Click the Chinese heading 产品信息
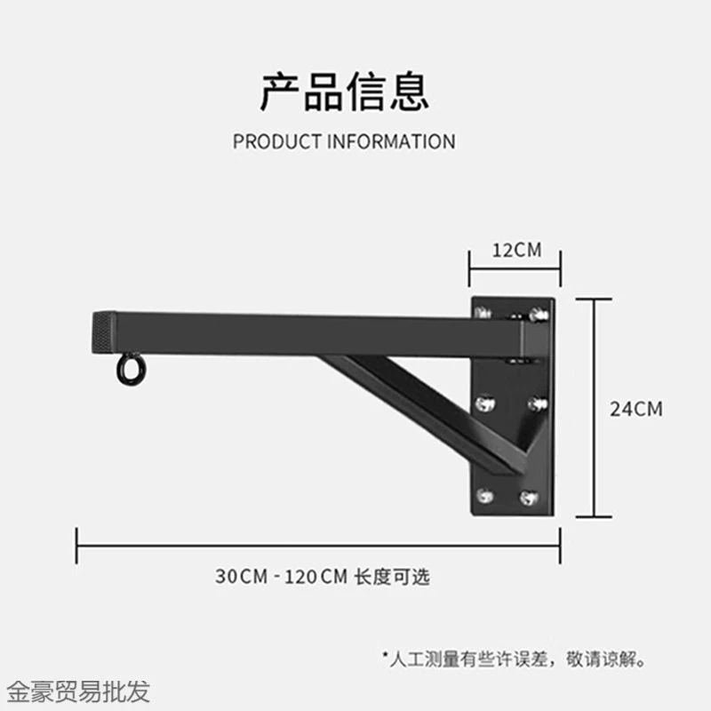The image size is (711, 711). [x=345, y=92]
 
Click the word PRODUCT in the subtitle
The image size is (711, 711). [x=277, y=141]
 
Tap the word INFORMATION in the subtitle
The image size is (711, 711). [x=391, y=141]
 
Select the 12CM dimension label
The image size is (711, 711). [x=517, y=251]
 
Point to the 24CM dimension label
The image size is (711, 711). [x=636, y=409]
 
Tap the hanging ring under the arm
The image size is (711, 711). [x=132, y=369]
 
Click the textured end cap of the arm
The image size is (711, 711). [x=104, y=332]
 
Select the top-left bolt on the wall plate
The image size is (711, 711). [x=483, y=312]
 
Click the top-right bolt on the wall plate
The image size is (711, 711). [x=539, y=314]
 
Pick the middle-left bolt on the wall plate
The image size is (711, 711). [x=485, y=403]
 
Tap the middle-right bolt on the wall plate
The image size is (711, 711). [x=538, y=403]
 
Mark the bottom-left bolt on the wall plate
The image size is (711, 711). [x=484, y=496]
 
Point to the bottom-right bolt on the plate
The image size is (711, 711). [x=529, y=498]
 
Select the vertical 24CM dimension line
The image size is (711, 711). [x=594, y=408]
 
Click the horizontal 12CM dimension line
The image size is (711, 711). [x=515, y=269]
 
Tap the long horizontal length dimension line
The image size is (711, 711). [x=318, y=546]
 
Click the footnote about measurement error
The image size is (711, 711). [x=515, y=659]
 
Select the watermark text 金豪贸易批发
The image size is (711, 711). [x=78, y=692]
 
